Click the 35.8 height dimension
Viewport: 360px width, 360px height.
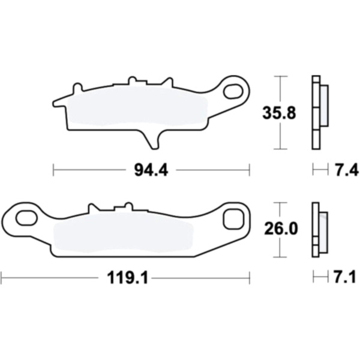[x=279, y=113]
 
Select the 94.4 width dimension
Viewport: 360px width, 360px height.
[x=151, y=170]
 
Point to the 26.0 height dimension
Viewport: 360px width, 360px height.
[x=281, y=229]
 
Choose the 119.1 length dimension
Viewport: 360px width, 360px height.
[x=127, y=278]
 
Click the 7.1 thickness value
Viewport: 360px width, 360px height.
[x=345, y=277]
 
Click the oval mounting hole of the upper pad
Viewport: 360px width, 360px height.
[x=233, y=92]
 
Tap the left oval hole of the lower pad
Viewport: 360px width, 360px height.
[x=26, y=217]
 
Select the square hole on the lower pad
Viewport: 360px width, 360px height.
[x=233, y=219]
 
